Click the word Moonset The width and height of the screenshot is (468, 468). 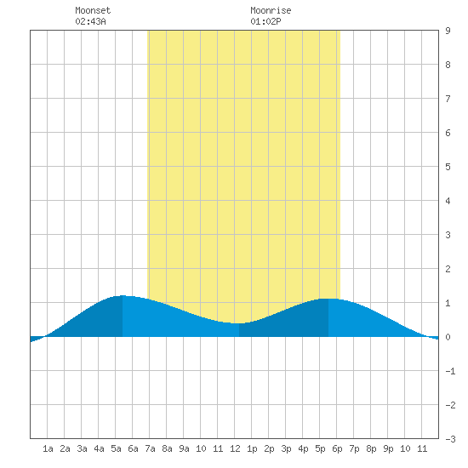93,10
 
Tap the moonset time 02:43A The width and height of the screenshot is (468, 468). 90,21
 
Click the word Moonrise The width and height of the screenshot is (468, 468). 271,10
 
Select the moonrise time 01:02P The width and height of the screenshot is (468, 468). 265,21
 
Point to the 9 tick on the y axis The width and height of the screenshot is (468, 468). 448,31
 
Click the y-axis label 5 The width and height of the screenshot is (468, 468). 448,167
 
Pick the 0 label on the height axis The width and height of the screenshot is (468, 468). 448,337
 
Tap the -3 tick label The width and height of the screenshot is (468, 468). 450,439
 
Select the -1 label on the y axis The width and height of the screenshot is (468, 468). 450,371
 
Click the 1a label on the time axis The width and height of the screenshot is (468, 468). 48,448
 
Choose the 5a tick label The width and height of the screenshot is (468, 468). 116,448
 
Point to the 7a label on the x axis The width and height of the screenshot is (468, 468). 150,448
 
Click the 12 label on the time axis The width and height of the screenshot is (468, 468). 235,448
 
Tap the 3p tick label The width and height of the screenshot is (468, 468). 286,448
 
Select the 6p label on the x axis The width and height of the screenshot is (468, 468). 337,448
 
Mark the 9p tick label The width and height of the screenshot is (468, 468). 388,448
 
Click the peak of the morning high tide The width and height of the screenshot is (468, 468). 123,295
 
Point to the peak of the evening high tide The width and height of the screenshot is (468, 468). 328,299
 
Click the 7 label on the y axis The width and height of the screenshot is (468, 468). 448,99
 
